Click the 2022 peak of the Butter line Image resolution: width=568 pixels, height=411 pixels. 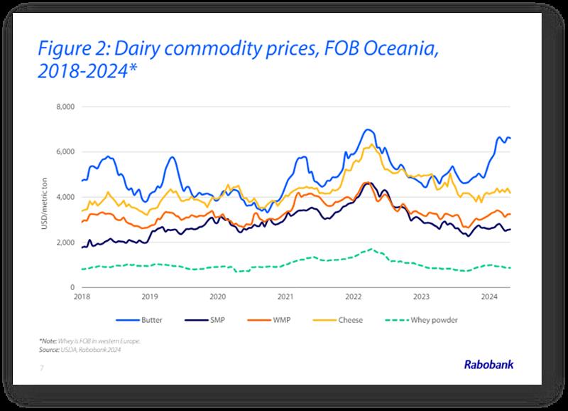366,130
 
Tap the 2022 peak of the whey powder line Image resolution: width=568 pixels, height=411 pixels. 371,249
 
